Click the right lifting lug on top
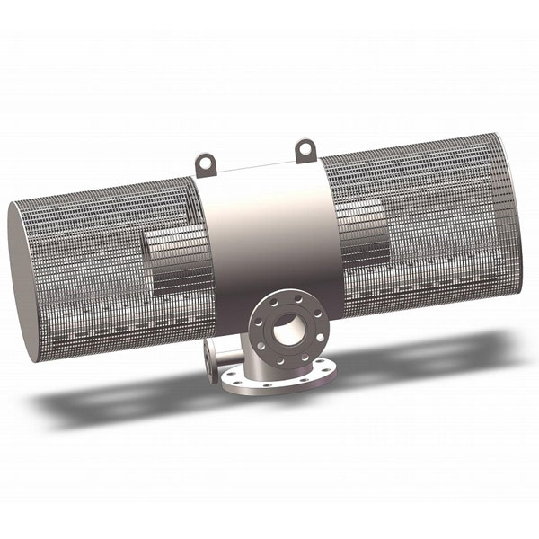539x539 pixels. click(x=305, y=146)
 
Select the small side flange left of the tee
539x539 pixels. click(x=209, y=360)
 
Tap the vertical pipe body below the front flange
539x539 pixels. click(x=261, y=364)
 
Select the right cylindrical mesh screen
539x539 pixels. click(x=431, y=225)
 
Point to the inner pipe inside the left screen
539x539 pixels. click(x=175, y=261)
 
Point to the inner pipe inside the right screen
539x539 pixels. click(x=359, y=229)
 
